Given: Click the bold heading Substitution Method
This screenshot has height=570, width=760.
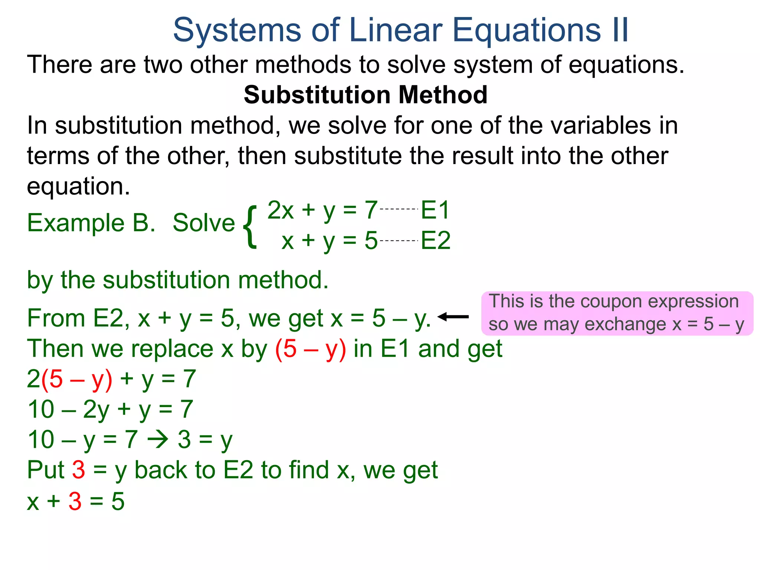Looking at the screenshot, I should pyautogui.click(x=366, y=95).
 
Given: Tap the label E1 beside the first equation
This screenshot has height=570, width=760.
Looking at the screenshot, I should pyautogui.click(x=435, y=210).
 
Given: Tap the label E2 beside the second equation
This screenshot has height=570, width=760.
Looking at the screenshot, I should pyautogui.click(x=436, y=240).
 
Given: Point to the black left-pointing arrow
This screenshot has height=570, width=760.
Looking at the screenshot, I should pyautogui.click(x=453, y=317).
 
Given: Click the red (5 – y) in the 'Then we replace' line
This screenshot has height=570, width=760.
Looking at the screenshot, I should pyautogui.click(x=311, y=349).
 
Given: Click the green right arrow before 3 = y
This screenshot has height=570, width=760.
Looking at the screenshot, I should pyautogui.click(x=158, y=440).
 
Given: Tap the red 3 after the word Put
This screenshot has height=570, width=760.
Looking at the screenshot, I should pyautogui.click(x=78, y=470).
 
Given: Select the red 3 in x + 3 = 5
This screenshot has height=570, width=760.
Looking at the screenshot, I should pyautogui.click(x=75, y=501).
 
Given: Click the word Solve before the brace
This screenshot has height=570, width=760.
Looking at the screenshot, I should pyautogui.click(x=204, y=223).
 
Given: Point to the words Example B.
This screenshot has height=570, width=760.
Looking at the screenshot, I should pyautogui.click(x=91, y=223).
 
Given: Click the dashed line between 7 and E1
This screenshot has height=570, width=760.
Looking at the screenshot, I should pyautogui.click(x=399, y=209).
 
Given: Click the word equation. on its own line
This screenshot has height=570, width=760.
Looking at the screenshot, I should pyautogui.click(x=78, y=186).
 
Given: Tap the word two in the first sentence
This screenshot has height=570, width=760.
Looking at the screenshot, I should pyautogui.click(x=163, y=65).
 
